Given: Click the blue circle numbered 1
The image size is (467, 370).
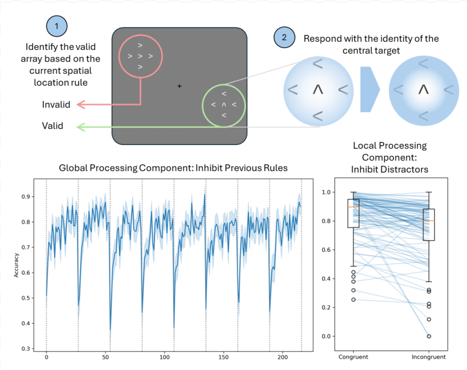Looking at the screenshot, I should pos(57,26).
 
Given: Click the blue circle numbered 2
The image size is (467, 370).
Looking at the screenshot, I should pos(284,38).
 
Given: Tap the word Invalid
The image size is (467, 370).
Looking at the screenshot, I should pos(56,104).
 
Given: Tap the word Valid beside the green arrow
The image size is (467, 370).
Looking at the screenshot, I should pos(52,125).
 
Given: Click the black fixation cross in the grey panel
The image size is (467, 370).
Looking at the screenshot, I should pos(179,86).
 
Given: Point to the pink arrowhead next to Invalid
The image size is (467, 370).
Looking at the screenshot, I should pos(80,104).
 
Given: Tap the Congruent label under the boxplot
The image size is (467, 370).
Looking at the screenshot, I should pos(353,357).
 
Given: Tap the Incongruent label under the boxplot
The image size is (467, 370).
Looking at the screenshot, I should pos(429,357).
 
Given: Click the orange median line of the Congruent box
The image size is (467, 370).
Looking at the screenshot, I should pos(353,207).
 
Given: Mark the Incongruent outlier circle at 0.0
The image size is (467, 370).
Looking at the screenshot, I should pos(429,336).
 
